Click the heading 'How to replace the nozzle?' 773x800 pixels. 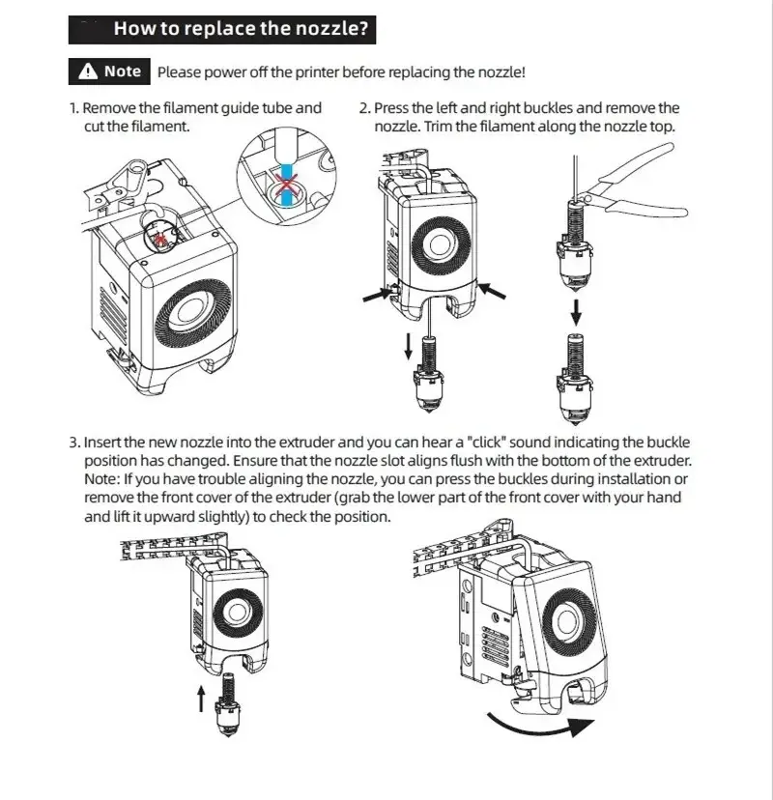241,28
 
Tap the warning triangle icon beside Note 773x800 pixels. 88,71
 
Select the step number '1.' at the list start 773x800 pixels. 74,108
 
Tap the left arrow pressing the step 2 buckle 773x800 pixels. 375,296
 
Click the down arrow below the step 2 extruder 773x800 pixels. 408,346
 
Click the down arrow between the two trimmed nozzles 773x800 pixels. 577,311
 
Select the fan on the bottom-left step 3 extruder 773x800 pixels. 234,611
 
